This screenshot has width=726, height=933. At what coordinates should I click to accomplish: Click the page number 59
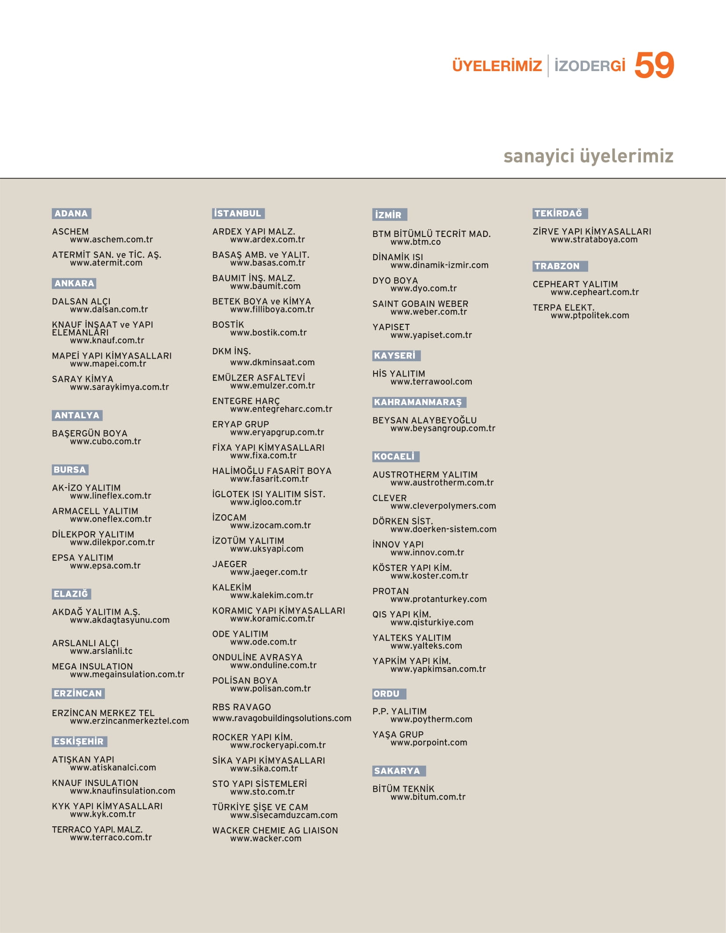[654, 65]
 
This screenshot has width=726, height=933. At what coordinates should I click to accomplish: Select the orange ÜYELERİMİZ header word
[497, 66]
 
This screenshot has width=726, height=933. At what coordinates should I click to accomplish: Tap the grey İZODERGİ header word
[589, 66]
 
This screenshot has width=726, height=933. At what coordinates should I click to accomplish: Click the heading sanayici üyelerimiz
[588, 156]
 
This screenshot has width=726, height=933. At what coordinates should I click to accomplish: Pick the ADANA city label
[71, 214]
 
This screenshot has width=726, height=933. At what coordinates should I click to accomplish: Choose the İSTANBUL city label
[238, 214]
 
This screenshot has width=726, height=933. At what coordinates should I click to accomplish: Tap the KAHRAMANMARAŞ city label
[418, 402]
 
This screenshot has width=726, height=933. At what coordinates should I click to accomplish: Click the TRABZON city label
[557, 266]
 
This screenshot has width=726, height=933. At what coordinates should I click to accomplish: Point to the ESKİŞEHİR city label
[79, 742]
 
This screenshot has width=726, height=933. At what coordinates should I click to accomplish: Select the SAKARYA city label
[398, 771]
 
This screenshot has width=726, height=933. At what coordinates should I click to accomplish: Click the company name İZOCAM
[229, 518]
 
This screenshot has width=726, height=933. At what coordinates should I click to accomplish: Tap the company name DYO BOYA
[395, 281]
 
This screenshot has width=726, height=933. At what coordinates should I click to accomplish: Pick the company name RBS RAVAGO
[241, 707]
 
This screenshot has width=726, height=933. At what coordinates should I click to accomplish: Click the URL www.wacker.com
[266, 839]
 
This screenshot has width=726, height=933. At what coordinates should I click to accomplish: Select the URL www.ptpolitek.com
[589, 316]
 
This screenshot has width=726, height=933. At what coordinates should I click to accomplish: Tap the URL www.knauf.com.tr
[107, 341]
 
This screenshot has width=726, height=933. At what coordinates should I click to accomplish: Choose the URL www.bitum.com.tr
[428, 797]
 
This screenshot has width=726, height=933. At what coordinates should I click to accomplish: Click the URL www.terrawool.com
[431, 382]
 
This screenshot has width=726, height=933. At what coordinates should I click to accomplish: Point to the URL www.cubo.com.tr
[105, 441]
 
